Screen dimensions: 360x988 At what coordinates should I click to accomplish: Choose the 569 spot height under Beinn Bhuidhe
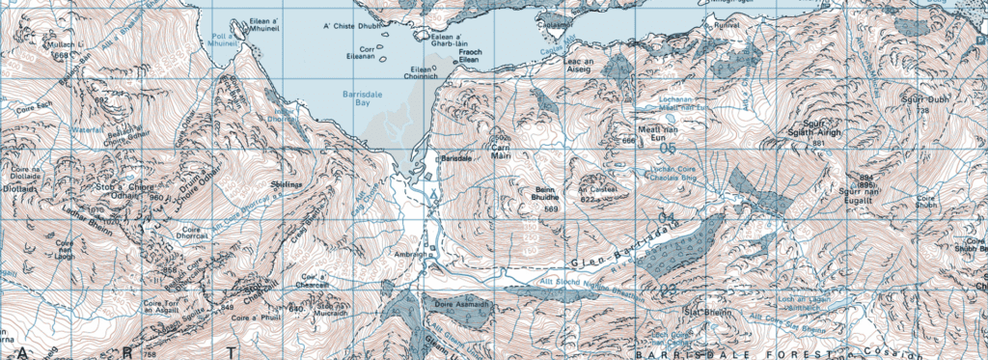[x=552, y=209]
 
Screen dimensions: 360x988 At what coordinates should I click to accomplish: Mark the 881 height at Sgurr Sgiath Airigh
[x=819, y=144]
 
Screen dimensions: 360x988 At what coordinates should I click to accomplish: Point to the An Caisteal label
[x=595, y=189]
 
